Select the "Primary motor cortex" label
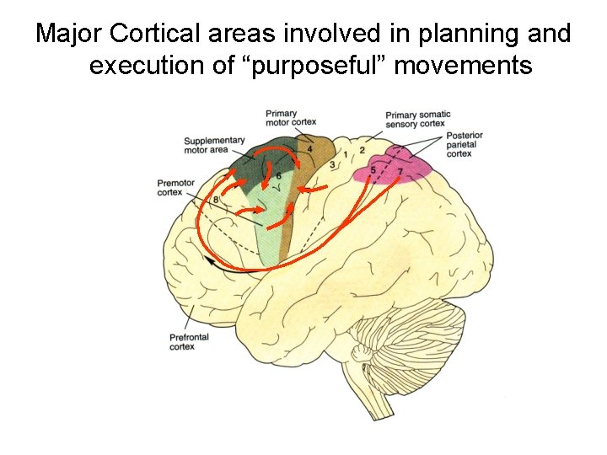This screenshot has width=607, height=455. click(286, 120)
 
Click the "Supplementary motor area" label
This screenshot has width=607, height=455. click(214, 145)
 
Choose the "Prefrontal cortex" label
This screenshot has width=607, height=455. click(188, 341)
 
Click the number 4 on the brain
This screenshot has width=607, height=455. click(310, 149)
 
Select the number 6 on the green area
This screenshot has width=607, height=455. click(278, 175)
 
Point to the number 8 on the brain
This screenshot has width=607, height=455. click(217, 199)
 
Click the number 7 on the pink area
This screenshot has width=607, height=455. click(400, 172)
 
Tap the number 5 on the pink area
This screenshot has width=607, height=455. click(373, 170)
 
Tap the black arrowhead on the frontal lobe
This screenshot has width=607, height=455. click(208, 263)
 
